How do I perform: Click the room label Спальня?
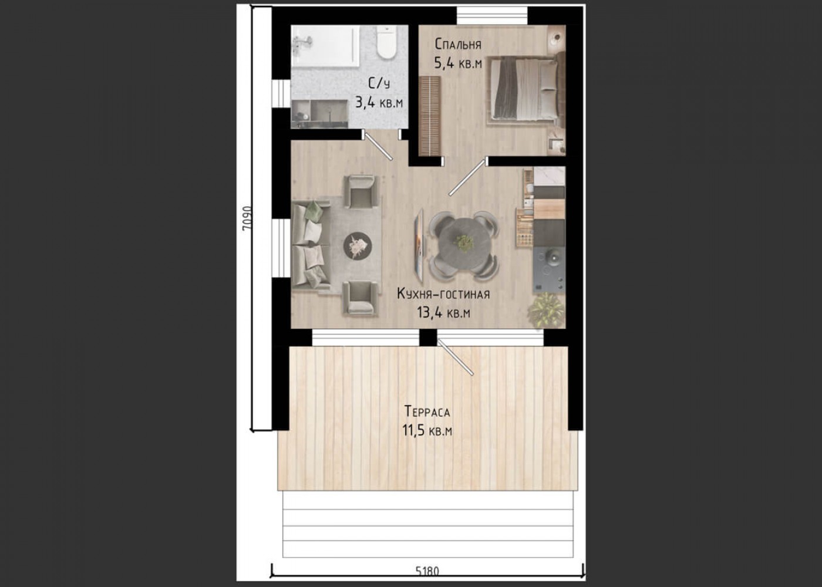[458, 44]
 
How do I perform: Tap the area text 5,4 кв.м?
[458, 63]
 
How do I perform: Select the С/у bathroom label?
[379, 83]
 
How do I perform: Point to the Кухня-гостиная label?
[443, 294]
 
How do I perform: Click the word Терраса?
[427, 411]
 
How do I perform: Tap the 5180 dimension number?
[427, 571]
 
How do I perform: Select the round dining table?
[464, 242]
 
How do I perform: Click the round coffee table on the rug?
[358, 246]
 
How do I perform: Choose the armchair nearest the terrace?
[360, 298]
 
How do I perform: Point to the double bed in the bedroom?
[525, 89]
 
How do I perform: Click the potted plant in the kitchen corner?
[546, 311]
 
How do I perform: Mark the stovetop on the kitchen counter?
[549, 268]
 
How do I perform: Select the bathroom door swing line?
[378, 146]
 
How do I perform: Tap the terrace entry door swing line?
[456, 357]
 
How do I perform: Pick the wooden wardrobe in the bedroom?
[430, 116]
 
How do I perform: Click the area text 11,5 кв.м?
[427, 430]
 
